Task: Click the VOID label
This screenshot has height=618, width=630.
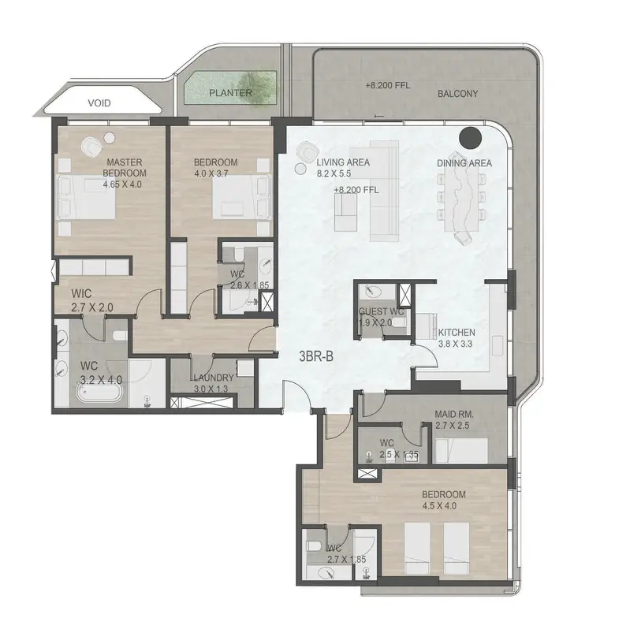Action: (x=99, y=103)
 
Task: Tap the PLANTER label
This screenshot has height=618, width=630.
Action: (x=230, y=93)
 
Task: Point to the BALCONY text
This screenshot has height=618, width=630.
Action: (x=457, y=94)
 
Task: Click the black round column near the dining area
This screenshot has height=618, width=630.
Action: (x=470, y=138)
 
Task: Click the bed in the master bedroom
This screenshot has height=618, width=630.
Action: (x=88, y=197)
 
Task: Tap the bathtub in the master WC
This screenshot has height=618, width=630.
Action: (x=99, y=393)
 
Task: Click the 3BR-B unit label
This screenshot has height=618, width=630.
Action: (x=316, y=356)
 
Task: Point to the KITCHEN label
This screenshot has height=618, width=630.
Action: (x=457, y=333)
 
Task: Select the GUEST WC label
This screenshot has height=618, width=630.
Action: (x=381, y=311)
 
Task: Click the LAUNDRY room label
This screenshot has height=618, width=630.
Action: (x=214, y=378)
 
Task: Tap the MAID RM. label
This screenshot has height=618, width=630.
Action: (x=454, y=414)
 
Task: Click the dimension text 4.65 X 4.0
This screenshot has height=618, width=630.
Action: (x=122, y=184)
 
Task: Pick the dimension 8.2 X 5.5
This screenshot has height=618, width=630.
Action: (x=334, y=173)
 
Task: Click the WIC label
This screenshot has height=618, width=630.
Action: (x=81, y=293)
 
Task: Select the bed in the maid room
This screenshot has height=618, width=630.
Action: (x=461, y=451)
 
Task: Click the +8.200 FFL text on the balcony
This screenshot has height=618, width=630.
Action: (x=388, y=86)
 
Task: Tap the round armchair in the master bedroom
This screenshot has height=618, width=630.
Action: (x=92, y=146)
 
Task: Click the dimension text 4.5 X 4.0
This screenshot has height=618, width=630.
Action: (x=439, y=505)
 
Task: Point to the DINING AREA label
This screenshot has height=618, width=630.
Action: (x=464, y=163)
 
